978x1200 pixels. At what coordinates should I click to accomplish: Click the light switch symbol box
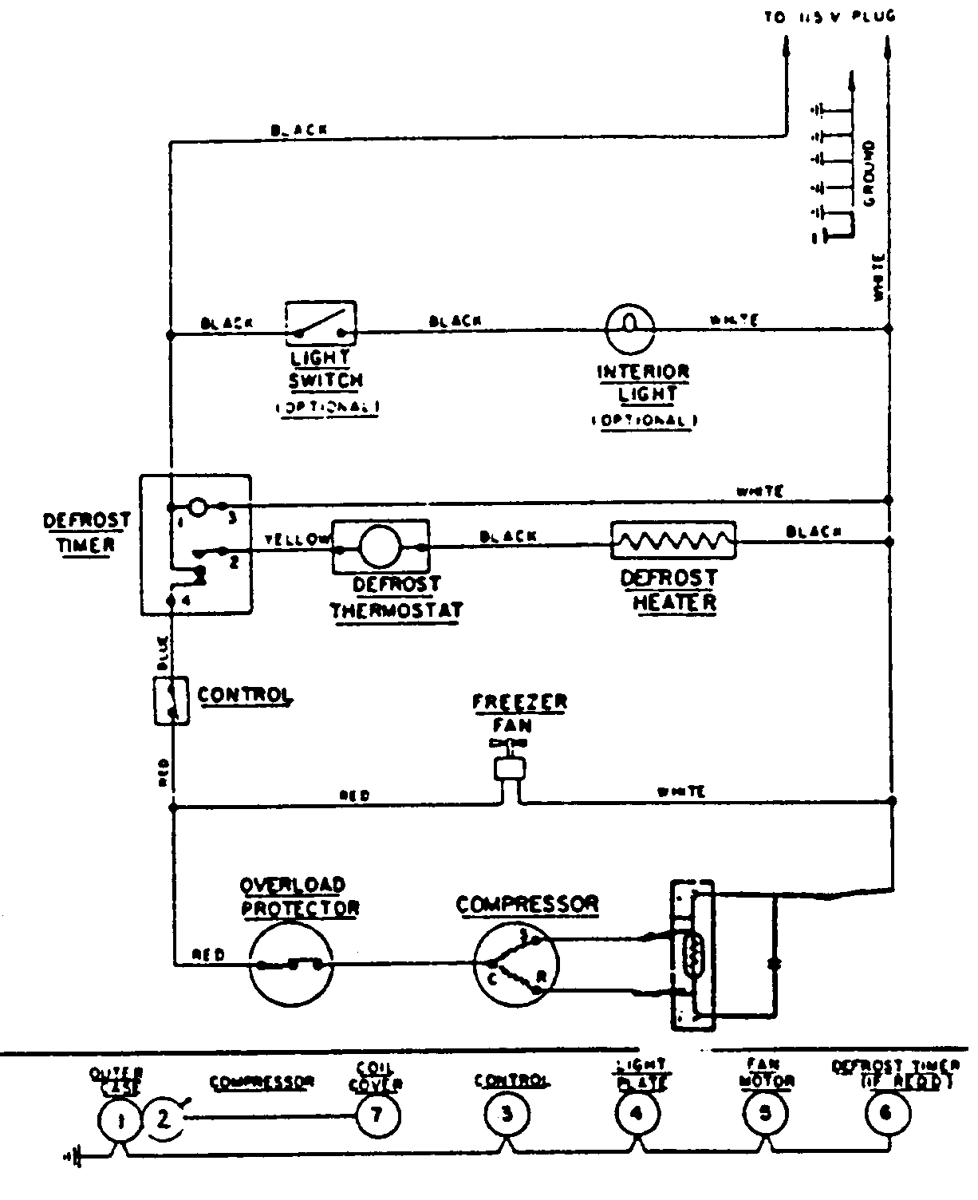[321, 326]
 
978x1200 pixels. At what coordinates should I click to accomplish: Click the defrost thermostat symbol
[381, 546]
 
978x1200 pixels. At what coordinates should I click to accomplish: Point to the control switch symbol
[171, 700]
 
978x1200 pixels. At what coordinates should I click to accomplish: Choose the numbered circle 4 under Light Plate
[636, 1114]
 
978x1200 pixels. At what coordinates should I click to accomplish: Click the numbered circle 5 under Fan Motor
[764, 1114]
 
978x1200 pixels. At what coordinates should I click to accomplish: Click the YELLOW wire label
[296, 539]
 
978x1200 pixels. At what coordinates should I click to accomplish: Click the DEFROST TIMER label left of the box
[86, 532]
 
